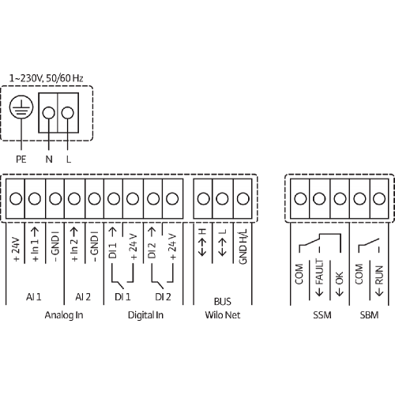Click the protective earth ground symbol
click(21, 107)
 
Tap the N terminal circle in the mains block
click(49, 113)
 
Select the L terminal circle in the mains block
click(67, 113)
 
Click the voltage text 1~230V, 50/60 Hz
click(47, 78)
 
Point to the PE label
click(21, 160)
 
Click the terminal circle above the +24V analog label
click(16, 198)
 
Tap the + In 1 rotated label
click(35, 244)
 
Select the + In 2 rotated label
click(74, 244)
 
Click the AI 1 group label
click(34, 297)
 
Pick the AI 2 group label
click(83, 297)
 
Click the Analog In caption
click(64, 315)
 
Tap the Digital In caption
click(145, 315)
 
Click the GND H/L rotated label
click(243, 246)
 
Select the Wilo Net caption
click(223, 315)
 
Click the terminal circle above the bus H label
click(204, 198)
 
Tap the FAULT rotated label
click(319, 272)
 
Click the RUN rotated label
click(379, 275)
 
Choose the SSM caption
click(322, 315)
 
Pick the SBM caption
click(369, 315)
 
